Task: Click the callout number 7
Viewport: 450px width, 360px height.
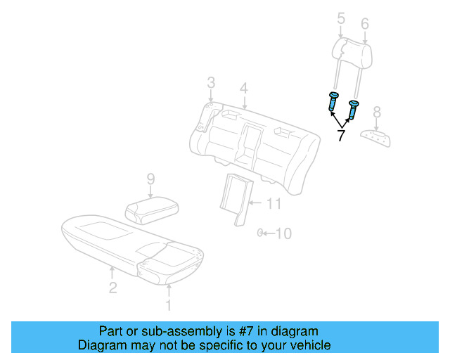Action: coord(341,136)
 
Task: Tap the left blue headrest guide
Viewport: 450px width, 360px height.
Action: coord(333,103)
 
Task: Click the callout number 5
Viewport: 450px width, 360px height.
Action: coord(341,19)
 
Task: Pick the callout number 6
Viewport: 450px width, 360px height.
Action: coord(365,24)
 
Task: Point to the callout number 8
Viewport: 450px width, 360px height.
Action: coord(377,112)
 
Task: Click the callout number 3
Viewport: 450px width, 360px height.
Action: coord(210,84)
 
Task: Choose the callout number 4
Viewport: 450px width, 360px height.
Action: coord(243,89)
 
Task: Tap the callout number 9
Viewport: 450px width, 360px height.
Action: coord(150,180)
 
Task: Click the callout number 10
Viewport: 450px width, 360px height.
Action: coord(283,233)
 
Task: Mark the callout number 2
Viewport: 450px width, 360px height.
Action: coord(112,287)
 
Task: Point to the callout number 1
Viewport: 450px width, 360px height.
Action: coord(167,305)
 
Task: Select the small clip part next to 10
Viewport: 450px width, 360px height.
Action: coord(259,233)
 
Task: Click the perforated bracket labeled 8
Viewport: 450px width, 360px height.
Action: coord(376,137)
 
